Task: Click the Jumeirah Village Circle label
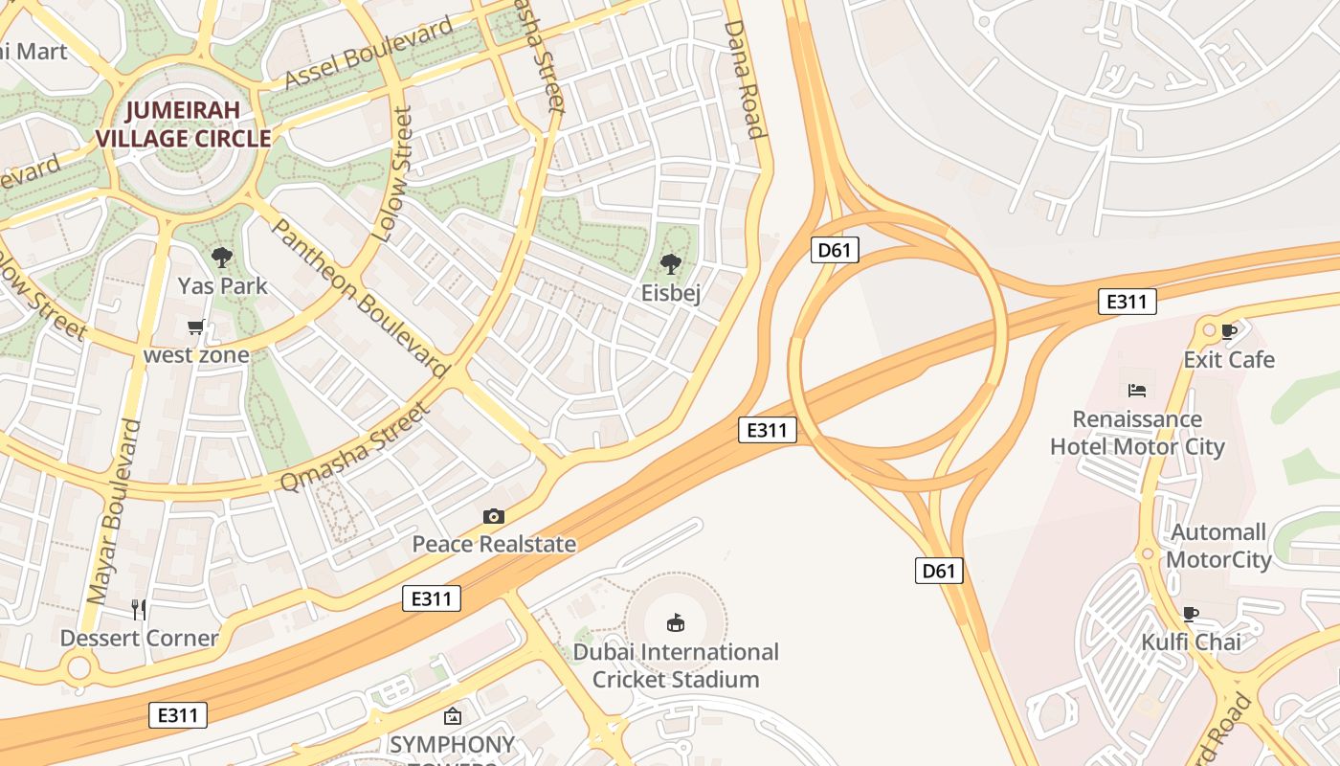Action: coord(183,124)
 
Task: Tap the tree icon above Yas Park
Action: coord(222,257)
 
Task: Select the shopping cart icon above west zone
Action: coord(196,327)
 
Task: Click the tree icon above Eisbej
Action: coord(671,263)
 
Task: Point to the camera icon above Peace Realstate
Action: coord(493,517)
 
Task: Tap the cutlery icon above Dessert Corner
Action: coord(139,609)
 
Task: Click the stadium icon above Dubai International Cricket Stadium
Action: coord(676,623)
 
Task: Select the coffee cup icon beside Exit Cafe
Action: coord(1229,332)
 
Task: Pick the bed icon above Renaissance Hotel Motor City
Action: coord(1137,390)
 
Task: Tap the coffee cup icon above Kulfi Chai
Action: coord(1191,614)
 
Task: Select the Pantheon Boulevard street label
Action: coord(361,298)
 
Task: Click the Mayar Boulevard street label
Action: coord(114,511)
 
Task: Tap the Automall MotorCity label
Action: coord(1218,546)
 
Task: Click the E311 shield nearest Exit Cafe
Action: coord(1127,302)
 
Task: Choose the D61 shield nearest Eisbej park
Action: coord(835,251)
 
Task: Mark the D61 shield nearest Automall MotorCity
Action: coord(938,571)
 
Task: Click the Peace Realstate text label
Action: coord(494,545)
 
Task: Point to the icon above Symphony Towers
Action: coord(452,716)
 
